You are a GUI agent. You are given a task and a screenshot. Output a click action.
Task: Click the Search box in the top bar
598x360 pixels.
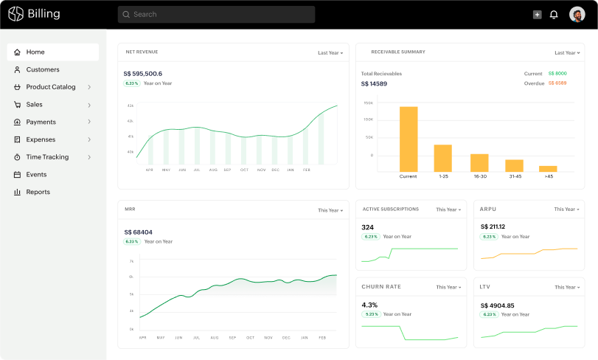point(216,14)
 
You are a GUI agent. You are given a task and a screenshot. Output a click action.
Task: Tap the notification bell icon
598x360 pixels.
point(554,14)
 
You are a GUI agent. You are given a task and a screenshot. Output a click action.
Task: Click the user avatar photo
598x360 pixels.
point(577,14)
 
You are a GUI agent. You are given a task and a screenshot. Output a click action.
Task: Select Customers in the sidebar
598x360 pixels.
point(43,69)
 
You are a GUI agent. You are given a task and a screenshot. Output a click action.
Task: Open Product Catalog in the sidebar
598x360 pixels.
point(51,87)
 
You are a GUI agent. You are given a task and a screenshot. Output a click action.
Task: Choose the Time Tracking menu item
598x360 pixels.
point(47,157)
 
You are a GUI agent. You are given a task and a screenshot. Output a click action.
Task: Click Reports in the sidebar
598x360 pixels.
point(38,192)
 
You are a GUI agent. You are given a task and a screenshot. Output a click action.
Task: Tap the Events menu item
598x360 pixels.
point(36,175)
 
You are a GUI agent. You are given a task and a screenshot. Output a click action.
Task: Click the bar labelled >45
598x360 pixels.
point(548,169)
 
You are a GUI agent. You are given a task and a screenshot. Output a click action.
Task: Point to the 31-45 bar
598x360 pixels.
point(514,165)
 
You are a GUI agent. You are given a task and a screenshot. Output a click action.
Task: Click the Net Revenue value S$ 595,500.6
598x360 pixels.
point(143,74)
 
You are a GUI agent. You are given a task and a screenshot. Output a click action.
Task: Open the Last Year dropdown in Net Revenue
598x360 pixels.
point(330,53)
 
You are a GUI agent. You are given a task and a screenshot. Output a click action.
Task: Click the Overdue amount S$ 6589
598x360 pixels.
point(557,83)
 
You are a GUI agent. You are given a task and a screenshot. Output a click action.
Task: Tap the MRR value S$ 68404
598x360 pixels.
point(139,232)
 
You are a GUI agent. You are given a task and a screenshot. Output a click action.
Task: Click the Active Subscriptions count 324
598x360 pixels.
point(368,227)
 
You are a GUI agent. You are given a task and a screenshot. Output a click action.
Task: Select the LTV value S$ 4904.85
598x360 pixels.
point(498,305)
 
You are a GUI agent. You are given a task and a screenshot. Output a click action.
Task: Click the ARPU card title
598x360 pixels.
point(488,210)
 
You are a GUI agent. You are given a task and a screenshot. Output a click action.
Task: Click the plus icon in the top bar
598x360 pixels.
point(537,14)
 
